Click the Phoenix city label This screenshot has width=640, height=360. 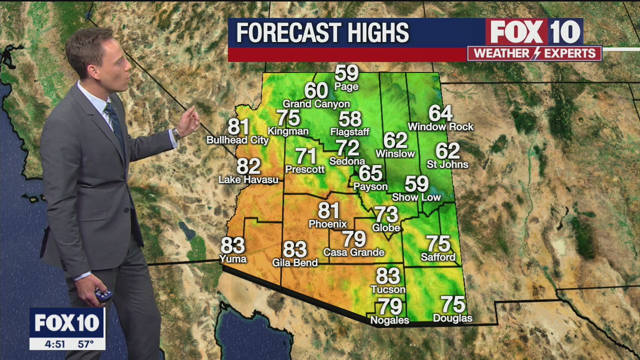tap(327, 224)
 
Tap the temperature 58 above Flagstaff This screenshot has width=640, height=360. tap(349, 119)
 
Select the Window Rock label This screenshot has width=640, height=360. tap(440, 127)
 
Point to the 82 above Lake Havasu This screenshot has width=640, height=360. tap(248, 166)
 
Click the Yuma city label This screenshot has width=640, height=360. tap(233, 258)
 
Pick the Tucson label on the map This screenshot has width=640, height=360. tap(388, 289)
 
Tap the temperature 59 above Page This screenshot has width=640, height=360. tap(346, 73)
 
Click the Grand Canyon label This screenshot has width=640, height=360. tap(316, 104)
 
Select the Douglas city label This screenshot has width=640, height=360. tap(452, 318)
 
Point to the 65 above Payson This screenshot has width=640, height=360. tap(370, 173)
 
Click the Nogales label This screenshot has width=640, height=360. tap(389, 320)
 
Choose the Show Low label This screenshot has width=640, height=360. tap(416, 197)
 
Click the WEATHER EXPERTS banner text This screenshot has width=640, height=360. tap(534, 53)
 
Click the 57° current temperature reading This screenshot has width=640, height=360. tap(85, 344)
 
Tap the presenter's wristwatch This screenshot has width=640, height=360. tap(176, 133)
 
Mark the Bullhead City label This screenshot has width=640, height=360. tap(237, 140)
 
